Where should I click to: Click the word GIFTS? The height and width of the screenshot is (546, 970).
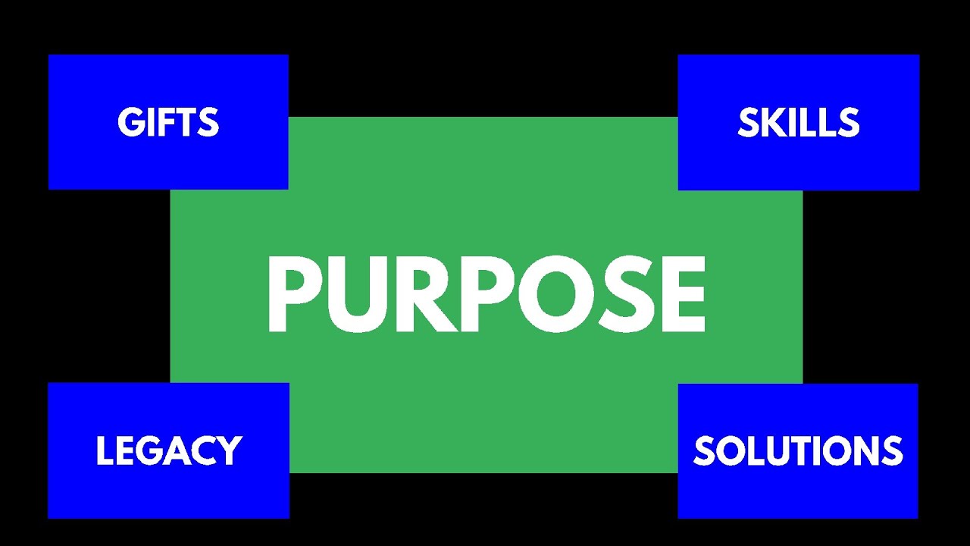[x=168, y=123]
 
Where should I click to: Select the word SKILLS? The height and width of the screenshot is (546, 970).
[x=799, y=123]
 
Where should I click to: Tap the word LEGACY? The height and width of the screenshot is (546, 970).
[x=168, y=450]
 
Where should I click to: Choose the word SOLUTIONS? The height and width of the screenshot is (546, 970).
[x=798, y=450]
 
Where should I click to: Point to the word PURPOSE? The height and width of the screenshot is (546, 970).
[x=486, y=295]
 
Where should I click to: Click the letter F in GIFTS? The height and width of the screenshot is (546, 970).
[x=165, y=123]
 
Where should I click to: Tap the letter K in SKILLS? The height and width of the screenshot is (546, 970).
[x=771, y=123]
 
